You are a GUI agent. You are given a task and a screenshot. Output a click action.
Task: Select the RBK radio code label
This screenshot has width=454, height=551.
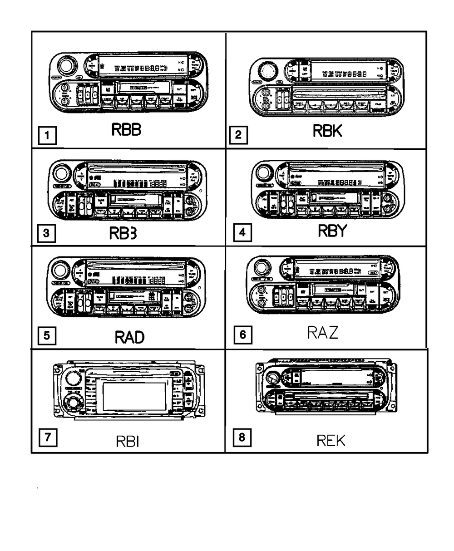click(x=327, y=131)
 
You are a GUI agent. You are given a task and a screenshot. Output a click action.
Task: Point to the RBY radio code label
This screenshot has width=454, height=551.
click(x=331, y=231)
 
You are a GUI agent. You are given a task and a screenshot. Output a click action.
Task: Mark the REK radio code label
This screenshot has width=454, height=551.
click(x=331, y=440)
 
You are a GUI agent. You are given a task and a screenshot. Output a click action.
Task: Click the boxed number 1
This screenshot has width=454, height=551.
click(x=47, y=135)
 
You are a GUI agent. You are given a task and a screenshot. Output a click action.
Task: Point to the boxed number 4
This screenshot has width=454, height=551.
click(x=242, y=233)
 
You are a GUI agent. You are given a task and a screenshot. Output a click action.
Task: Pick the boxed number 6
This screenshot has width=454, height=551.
click(x=242, y=335)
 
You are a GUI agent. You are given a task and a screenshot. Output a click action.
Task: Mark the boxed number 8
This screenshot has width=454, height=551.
click(x=242, y=438)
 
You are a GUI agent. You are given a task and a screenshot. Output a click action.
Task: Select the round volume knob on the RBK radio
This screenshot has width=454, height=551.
click(x=268, y=72)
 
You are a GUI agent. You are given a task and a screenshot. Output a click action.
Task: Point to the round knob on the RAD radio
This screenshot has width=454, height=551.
click(x=60, y=271)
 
